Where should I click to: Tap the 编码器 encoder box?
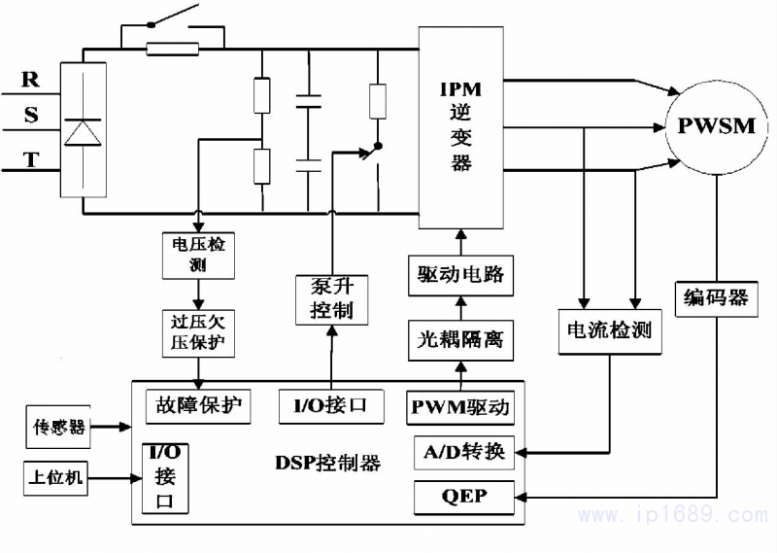tap(715, 298)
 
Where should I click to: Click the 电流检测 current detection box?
tap(608, 330)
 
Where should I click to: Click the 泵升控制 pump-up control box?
tap(333, 299)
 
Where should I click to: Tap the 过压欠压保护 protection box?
tap(198, 331)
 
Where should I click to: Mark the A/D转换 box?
tap(464, 452)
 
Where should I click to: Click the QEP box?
tap(464, 498)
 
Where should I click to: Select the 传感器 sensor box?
tap(58, 426)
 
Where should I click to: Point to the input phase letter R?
tap(31, 77)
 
